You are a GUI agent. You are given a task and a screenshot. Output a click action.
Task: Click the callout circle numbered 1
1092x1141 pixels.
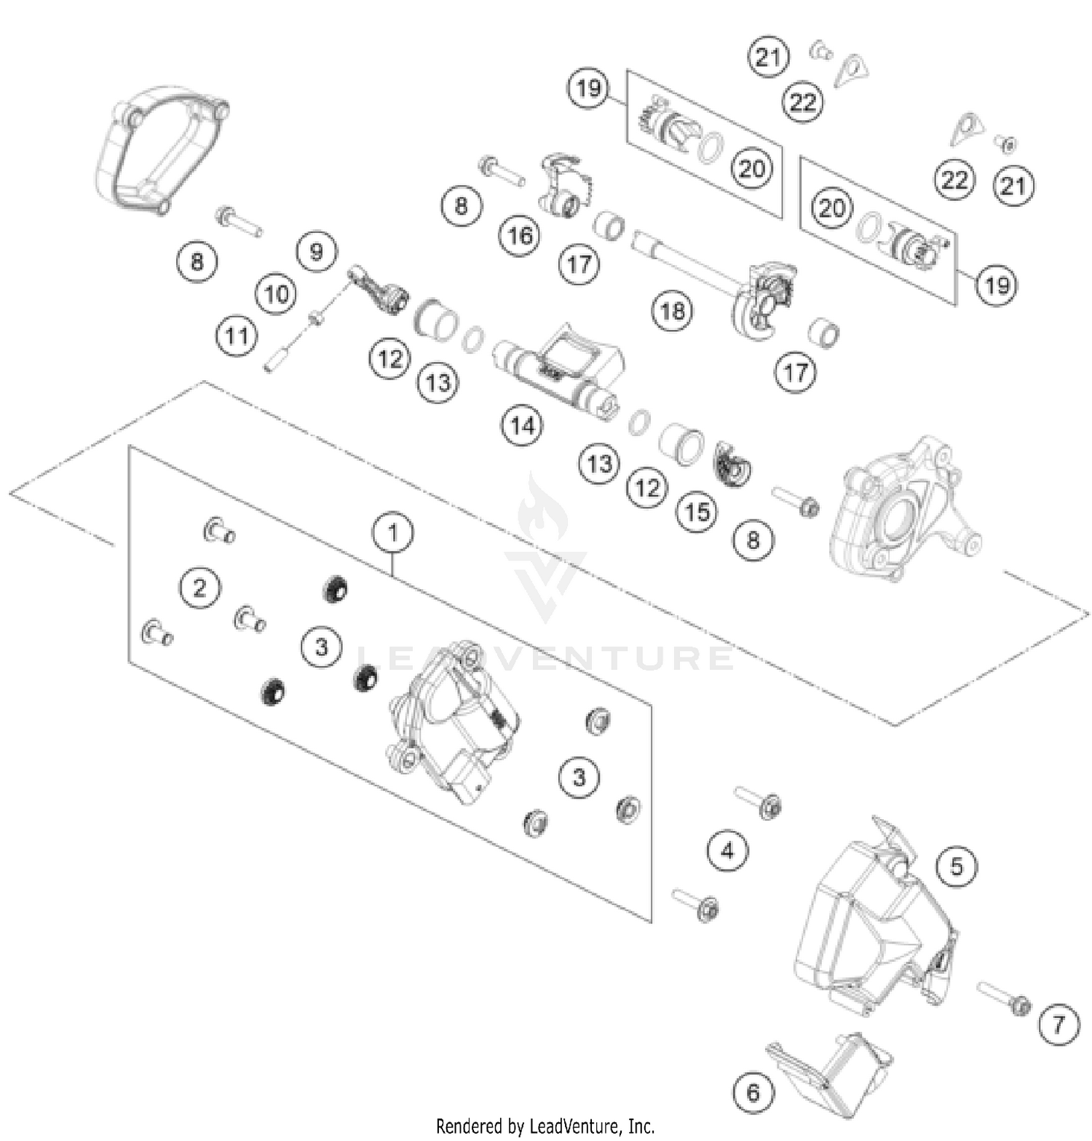pos(392,533)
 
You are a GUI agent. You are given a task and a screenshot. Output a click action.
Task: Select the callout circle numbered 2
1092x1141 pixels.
pos(199,587)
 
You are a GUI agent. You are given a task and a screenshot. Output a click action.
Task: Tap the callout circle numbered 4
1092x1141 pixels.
pos(727,850)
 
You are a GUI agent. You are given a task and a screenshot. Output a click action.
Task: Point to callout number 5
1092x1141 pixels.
pos(956,866)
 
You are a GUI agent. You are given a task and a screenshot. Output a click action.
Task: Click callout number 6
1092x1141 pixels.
pos(752,1091)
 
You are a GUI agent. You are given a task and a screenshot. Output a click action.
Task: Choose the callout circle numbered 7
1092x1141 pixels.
pos(1058,1025)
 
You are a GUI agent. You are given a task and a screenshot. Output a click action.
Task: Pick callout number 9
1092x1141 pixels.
pos(316,252)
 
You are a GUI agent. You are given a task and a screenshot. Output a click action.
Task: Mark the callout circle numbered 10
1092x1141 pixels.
pos(276,294)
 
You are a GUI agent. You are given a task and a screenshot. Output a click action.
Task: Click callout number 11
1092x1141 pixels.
pos(236,336)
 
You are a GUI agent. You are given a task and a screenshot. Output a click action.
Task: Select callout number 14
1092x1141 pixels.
pos(522,425)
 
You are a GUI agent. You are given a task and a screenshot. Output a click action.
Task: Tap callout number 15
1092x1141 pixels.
pos(696,512)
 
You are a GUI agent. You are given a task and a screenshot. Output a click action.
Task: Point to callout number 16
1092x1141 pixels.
pos(520,235)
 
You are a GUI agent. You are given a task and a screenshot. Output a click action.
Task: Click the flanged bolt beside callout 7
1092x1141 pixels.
pos(1004,998)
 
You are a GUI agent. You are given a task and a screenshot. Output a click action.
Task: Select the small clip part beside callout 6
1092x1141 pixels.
pos(830,1063)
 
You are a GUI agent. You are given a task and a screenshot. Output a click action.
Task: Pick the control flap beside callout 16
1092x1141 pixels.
pos(564,186)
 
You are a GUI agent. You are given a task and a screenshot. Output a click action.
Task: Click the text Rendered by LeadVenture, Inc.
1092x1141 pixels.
pos(545,1126)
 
